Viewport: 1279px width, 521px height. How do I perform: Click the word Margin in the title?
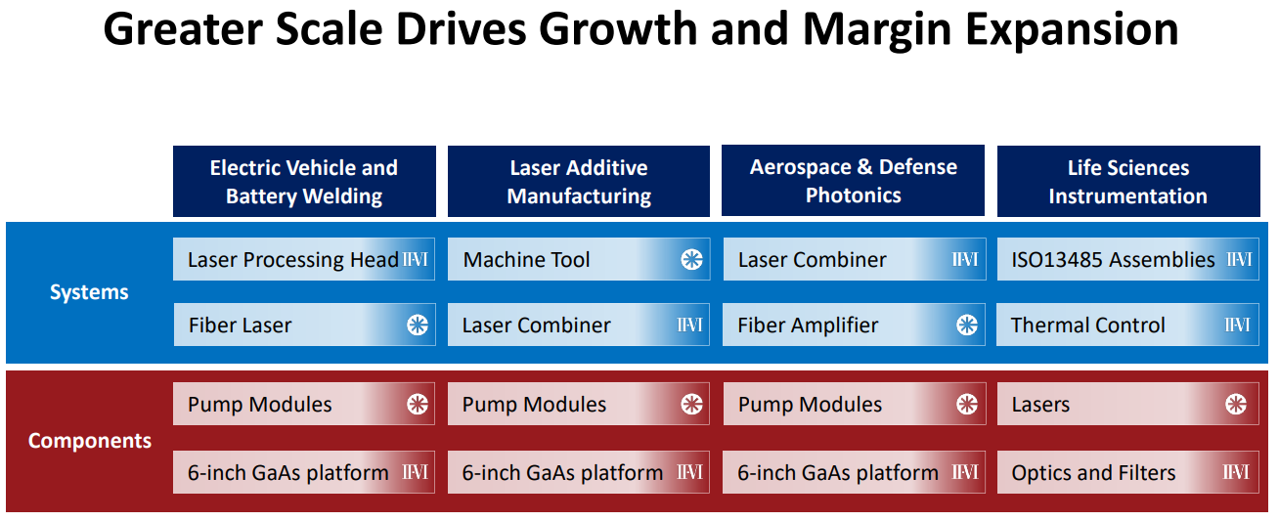[877, 30]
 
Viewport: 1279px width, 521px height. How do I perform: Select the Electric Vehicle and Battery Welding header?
[304, 182]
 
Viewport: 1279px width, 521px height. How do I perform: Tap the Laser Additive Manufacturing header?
[579, 182]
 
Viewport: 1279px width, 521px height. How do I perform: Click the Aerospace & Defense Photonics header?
[853, 181]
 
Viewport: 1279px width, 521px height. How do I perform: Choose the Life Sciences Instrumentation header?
[1128, 182]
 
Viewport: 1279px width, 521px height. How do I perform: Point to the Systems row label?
[89, 292]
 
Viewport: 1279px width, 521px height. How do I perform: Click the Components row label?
[90, 441]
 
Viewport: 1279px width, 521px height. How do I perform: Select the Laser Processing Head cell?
[304, 259]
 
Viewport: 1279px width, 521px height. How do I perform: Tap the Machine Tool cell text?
[526, 260]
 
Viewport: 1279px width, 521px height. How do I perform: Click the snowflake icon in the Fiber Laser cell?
[418, 326]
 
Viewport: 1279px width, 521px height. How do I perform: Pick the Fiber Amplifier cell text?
[808, 326]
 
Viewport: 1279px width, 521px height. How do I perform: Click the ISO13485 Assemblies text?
[1113, 260]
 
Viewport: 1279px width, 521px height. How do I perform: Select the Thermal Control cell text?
[1087, 326]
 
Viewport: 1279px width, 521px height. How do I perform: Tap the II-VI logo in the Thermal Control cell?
[1237, 326]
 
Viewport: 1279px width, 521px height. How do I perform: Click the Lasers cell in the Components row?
[1127, 404]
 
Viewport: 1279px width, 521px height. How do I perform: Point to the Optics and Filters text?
[1093, 472]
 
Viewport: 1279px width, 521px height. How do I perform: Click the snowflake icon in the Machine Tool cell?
[692, 260]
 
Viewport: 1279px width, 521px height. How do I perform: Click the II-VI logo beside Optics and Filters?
[1236, 472]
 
